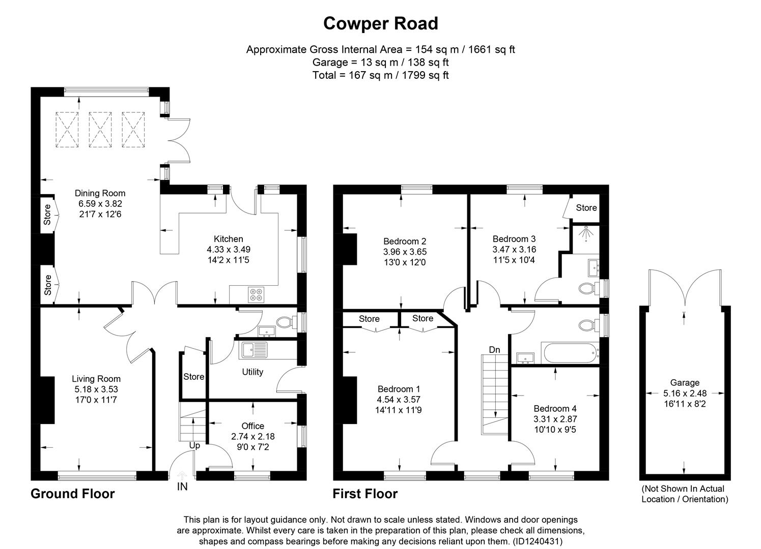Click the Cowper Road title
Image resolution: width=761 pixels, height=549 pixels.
[380, 23]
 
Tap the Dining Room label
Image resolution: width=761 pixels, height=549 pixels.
[100, 193]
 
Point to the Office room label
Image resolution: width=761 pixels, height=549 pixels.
[252, 426]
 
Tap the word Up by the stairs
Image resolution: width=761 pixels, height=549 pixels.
[194, 445]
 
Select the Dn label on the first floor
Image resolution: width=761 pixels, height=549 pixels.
[494, 350]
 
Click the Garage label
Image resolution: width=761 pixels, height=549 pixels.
[685, 383]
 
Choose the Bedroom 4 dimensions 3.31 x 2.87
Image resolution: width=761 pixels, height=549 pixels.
[555, 419]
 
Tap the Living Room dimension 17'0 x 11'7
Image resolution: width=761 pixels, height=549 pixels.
[96, 400]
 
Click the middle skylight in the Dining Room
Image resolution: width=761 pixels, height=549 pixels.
[100, 129]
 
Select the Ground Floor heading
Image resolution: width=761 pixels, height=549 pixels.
[73, 494]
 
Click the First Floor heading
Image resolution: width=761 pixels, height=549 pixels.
[365, 494]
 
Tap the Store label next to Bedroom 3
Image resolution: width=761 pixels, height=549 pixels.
[586, 207]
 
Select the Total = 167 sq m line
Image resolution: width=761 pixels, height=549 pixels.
[380, 75]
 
